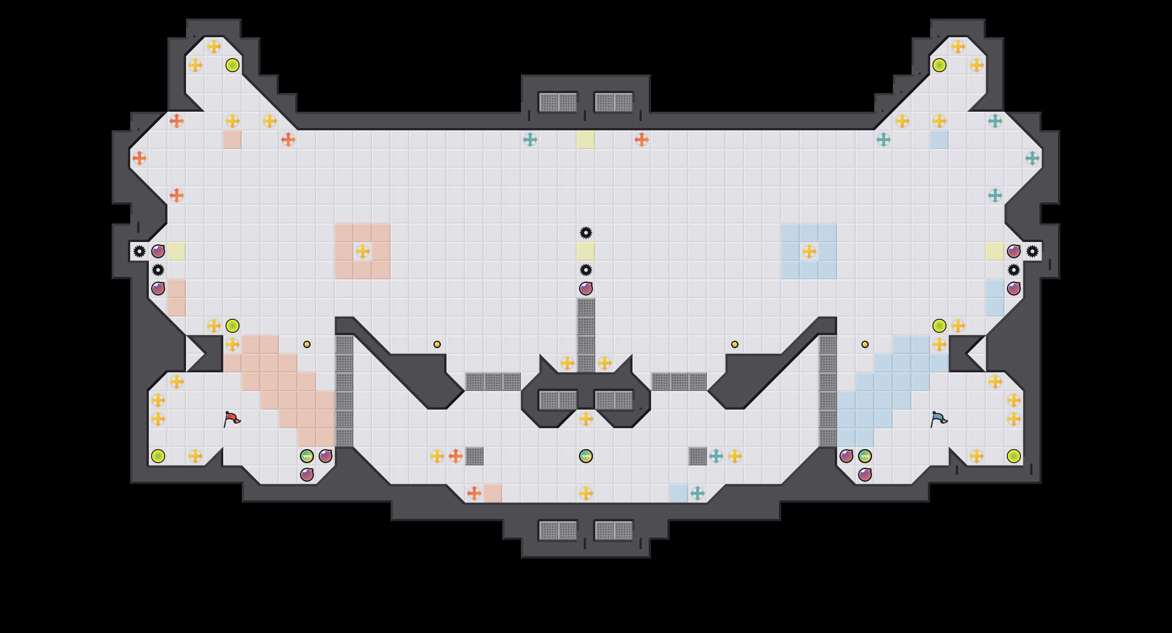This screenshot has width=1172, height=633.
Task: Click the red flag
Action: tap(232, 419)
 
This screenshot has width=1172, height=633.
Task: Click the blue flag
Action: tap(939, 419)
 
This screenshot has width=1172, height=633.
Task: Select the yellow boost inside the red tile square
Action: tap(363, 251)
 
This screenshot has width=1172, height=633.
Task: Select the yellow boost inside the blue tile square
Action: tap(809, 251)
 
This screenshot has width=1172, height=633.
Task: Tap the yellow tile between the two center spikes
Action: tap(586, 251)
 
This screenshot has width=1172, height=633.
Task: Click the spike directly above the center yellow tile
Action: tap(586, 233)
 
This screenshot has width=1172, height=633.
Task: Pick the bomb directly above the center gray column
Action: tap(586, 289)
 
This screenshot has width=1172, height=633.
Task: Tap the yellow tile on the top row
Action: tap(586, 140)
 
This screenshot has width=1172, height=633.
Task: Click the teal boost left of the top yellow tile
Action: tap(530, 140)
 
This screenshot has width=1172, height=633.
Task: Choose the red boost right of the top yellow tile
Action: tap(642, 140)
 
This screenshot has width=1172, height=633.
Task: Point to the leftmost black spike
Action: tap(140, 251)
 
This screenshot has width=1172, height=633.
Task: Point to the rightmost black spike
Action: tap(1032, 251)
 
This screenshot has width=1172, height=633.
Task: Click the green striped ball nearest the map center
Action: tap(586, 456)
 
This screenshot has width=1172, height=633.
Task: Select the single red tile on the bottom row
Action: tap(493, 493)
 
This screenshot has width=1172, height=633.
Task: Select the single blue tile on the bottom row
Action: tap(679, 493)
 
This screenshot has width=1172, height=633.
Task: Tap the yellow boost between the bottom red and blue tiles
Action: tap(586, 493)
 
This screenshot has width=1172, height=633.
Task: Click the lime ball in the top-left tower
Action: tap(233, 65)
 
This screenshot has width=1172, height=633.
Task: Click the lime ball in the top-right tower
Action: tap(939, 65)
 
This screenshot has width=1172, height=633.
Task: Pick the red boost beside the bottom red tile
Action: tap(474, 493)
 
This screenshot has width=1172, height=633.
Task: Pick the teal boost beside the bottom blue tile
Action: tap(698, 493)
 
